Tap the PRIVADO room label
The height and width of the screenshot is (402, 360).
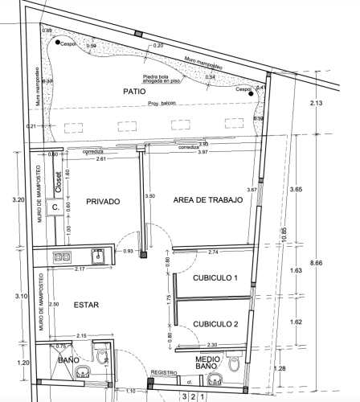[x=103, y=202]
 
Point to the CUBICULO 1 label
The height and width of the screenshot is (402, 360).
[x=215, y=277]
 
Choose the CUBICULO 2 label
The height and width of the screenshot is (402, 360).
[x=215, y=324]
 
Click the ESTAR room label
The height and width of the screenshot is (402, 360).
[x=86, y=306]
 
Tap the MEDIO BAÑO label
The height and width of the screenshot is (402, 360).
[x=207, y=362]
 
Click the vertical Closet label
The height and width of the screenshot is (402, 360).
[x=58, y=183]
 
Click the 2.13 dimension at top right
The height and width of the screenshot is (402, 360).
[x=315, y=104]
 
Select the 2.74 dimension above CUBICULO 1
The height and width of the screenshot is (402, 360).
[x=214, y=252]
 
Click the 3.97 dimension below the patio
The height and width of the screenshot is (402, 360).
[x=203, y=152]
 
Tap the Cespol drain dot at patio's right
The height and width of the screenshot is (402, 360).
[x=252, y=95]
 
